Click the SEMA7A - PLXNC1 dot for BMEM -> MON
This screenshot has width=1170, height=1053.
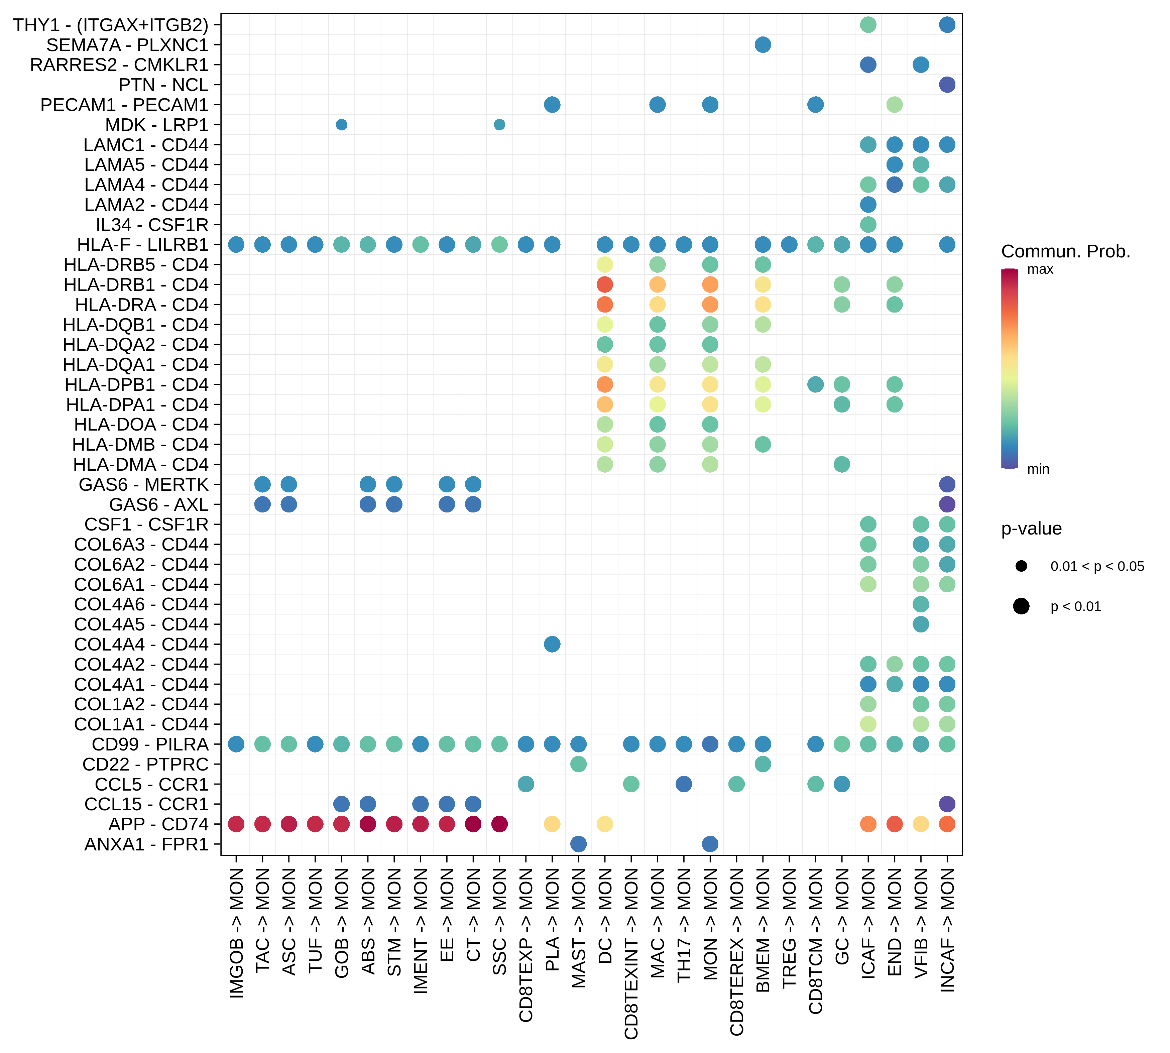point(763,44)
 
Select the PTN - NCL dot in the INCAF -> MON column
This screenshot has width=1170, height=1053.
point(947,85)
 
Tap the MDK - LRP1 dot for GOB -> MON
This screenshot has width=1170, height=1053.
point(341,124)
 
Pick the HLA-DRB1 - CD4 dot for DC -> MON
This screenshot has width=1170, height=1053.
point(605,285)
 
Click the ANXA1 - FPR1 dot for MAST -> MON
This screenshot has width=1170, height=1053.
point(578,844)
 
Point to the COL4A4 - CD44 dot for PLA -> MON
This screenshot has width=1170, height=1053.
point(552,644)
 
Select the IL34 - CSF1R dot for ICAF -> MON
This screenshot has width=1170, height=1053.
point(868,225)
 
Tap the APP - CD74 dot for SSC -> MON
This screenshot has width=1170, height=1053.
point(499,824)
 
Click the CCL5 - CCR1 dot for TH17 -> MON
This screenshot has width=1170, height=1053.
point(683,784)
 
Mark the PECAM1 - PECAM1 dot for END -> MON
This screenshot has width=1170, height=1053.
point(894,105)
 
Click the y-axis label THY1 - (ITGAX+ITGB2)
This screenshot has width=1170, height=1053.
point(111,25)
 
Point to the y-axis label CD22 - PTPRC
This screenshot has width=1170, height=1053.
point(145,764)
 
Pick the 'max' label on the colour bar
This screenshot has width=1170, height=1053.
point(1040,270)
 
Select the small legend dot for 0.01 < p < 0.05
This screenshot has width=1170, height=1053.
point(1021,566)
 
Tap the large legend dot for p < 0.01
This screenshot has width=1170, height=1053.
point(1021,606)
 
